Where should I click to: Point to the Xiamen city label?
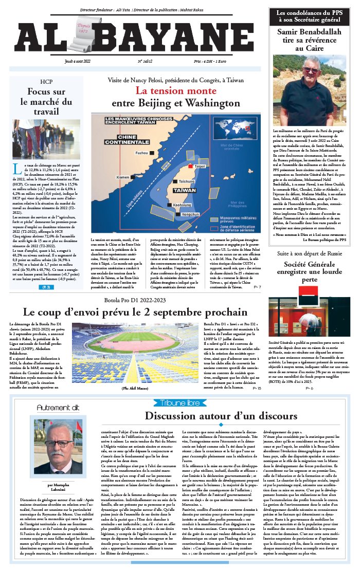(x=123, y=177)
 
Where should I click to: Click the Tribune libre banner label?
(x=179, y=402)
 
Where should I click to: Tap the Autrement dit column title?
(x=58, y=408)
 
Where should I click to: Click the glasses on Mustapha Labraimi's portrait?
(x=58, y=442)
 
